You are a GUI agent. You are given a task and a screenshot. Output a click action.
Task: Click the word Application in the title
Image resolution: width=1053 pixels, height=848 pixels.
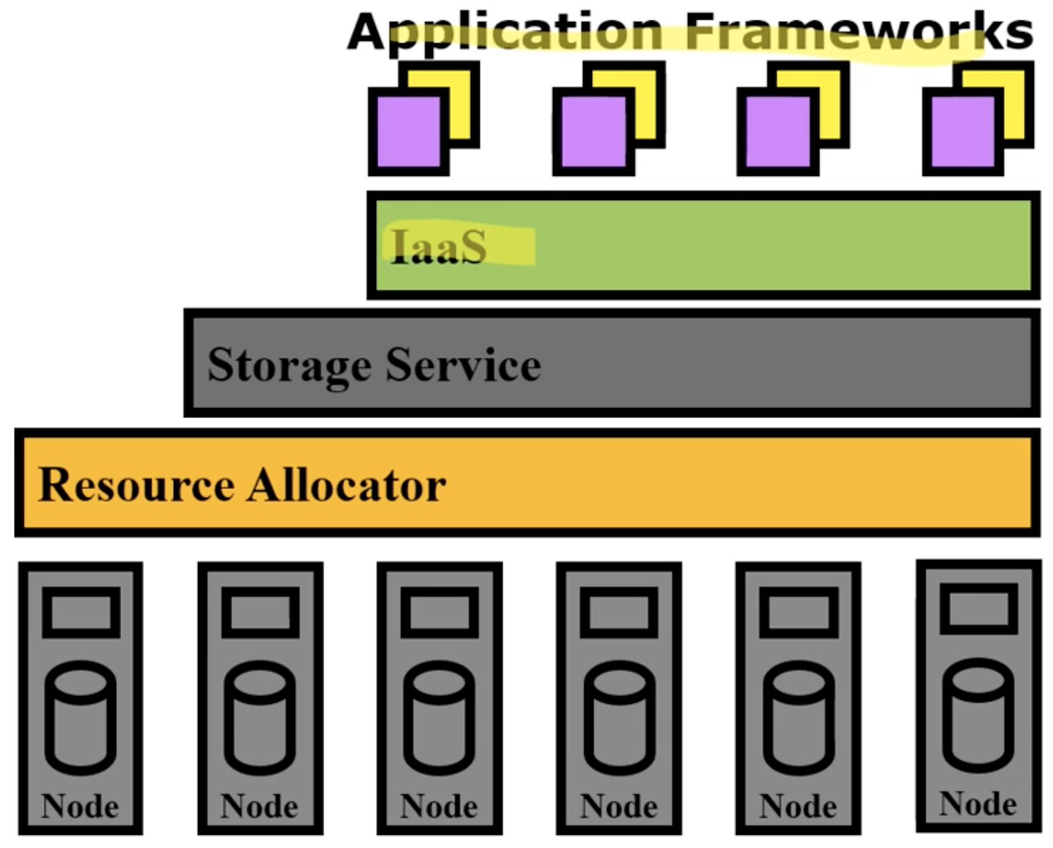pyautogui.click(x=505, y=34)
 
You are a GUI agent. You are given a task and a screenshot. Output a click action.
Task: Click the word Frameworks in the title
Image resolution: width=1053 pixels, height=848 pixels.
pyautogui.click(x=859, y=31)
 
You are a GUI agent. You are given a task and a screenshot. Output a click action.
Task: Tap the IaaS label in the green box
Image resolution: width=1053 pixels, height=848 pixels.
pyautogui.click(x=439, y=245)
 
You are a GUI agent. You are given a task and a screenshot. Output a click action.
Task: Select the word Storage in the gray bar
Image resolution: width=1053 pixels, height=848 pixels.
pyautogui.click(x=290, y=366)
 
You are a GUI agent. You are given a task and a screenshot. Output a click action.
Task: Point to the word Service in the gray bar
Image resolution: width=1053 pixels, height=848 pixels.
pyautogui.click(x=464, y=364)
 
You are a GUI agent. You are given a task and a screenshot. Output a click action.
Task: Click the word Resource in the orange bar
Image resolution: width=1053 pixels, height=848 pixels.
pyautogui.click(x=137, y=485)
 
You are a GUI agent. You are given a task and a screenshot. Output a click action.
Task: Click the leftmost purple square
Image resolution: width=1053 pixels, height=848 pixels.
pyautogui.click(x=409, y=132)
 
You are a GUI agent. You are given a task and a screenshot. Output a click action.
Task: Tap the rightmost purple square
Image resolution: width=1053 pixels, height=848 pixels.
pyautogui.click(x=963, y=132)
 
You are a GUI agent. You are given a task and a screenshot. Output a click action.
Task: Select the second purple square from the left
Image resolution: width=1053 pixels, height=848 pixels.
pyautogui.click(x=594, y=132)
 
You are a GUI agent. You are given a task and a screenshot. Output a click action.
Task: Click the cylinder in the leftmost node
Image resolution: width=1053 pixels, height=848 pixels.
pyautogui.click(x=81, y=717)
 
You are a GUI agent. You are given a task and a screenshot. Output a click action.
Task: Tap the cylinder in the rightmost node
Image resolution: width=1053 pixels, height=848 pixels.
pyautogui.click(x=979, y=715)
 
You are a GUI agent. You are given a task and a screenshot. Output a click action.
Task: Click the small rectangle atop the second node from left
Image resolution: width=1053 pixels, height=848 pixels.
pyautogui.click(x=260, y=612)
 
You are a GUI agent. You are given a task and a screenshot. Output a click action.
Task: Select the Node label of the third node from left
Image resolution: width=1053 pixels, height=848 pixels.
pyautogui.click(x=439, y=806)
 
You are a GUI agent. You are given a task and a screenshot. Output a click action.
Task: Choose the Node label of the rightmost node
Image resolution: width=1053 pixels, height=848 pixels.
pyautogui.click(x=978, y=803)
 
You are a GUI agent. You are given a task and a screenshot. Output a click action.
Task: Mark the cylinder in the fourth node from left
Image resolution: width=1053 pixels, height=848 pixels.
pyautogui.click(x=619, y=717)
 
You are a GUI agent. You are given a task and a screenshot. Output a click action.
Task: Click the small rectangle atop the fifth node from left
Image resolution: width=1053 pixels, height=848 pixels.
pyautogui.click(x=799, y=612)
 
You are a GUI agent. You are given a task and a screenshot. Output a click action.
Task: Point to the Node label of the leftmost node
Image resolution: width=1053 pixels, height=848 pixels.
pyautogui.click(x=80, y=806)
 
